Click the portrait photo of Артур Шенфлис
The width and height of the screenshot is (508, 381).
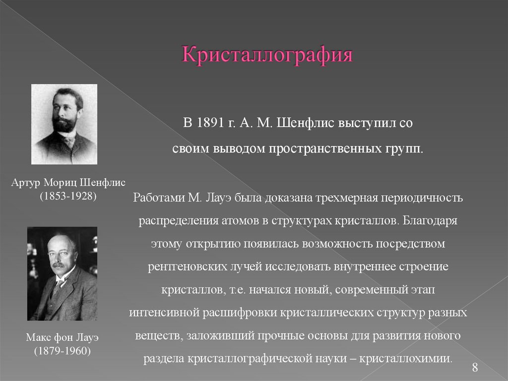64,124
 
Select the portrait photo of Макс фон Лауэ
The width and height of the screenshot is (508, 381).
62,273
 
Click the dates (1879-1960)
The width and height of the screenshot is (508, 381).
62,351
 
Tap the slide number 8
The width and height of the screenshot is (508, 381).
475,368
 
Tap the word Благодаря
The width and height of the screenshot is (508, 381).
428,220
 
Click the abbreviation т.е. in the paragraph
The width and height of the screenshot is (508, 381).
231,290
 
